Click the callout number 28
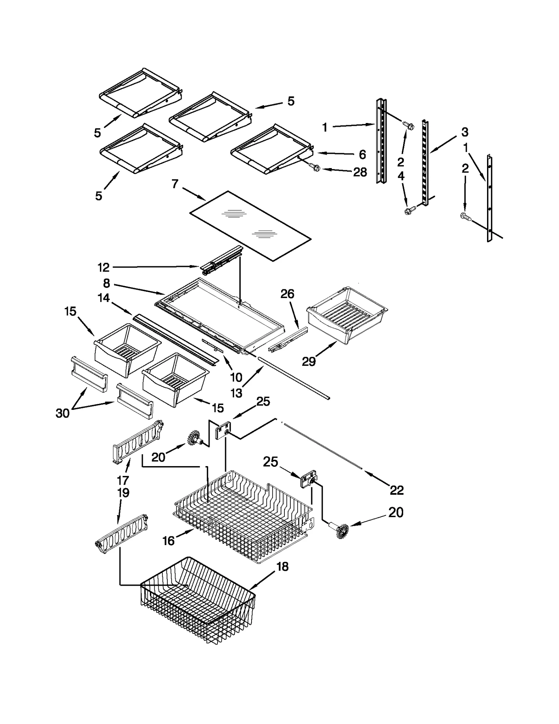click(x=360, y=172)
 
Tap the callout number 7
click(x=175, y=184)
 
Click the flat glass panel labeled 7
click(x=250, y=225)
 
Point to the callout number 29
click(x=308, y=362)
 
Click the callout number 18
click(x=282, y=566)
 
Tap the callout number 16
click(x=168, y=541)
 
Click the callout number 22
click(x=397, y=490)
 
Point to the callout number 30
click(x=63, y=413)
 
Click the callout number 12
click(x=103, y=268)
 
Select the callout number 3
click(x=464, y=132)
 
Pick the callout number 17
click(x=123, y=480)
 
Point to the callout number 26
click(x=287, y=294)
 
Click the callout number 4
click(x=401, y=176)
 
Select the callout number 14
click(x=104, y=298)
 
